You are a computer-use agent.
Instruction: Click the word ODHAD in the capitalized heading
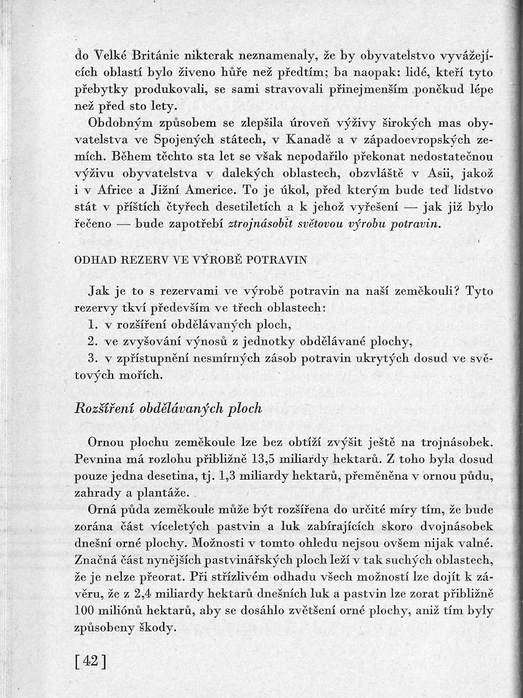[x=93, y=260]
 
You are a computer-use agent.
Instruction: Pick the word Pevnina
[x=100, y=459]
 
